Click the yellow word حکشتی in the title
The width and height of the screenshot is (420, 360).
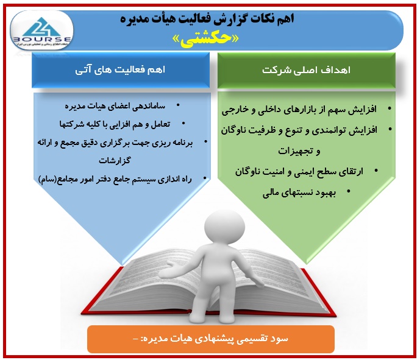coord(205,39)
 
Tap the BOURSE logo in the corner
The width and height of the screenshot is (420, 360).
coord(42,30)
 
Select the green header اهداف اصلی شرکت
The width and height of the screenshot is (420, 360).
coord(307,70)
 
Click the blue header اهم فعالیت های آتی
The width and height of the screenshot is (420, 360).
coord(121,70)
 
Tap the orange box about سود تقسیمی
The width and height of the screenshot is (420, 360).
coord(211,339)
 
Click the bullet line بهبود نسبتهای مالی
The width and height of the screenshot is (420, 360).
coord(299,193)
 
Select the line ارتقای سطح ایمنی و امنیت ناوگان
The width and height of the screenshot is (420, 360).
coord(299,172)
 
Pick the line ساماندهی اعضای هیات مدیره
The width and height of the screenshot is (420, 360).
coord(115,106)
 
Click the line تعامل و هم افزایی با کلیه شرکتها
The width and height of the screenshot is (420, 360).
coord(115,124)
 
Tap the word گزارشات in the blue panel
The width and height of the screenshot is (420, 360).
coord(115,161)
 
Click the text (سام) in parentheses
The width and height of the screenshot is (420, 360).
coord(47,179)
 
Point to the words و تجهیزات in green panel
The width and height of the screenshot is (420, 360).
coord(299,151)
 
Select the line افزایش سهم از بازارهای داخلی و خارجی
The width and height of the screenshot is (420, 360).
coord(299,110)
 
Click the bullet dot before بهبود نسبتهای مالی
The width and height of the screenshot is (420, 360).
coord(349,191)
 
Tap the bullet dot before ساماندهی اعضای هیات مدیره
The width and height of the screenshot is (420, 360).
coord(178,105)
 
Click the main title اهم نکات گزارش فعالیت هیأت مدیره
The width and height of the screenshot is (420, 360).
coord(207,19)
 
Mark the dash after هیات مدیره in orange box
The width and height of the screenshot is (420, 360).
coord(135,339)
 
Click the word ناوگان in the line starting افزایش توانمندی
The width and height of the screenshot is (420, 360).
coord(235,130)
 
